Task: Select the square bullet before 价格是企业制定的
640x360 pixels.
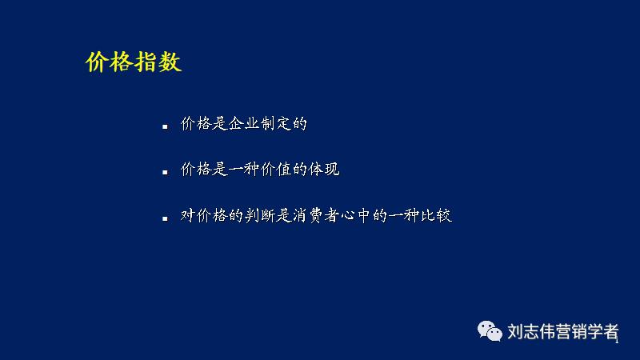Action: click(x=164, y=126)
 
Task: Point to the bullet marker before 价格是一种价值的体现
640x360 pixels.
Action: click(x=164, y=172)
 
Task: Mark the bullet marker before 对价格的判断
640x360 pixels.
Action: click(x=164, y=218)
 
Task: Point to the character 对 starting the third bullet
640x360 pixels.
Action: click(x=189, y=215)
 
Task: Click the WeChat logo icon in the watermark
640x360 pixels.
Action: click(x=490, y=330)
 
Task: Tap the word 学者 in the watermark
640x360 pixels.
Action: click(x=602, y=331)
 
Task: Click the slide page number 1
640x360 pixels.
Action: click(x=618, y=341)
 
